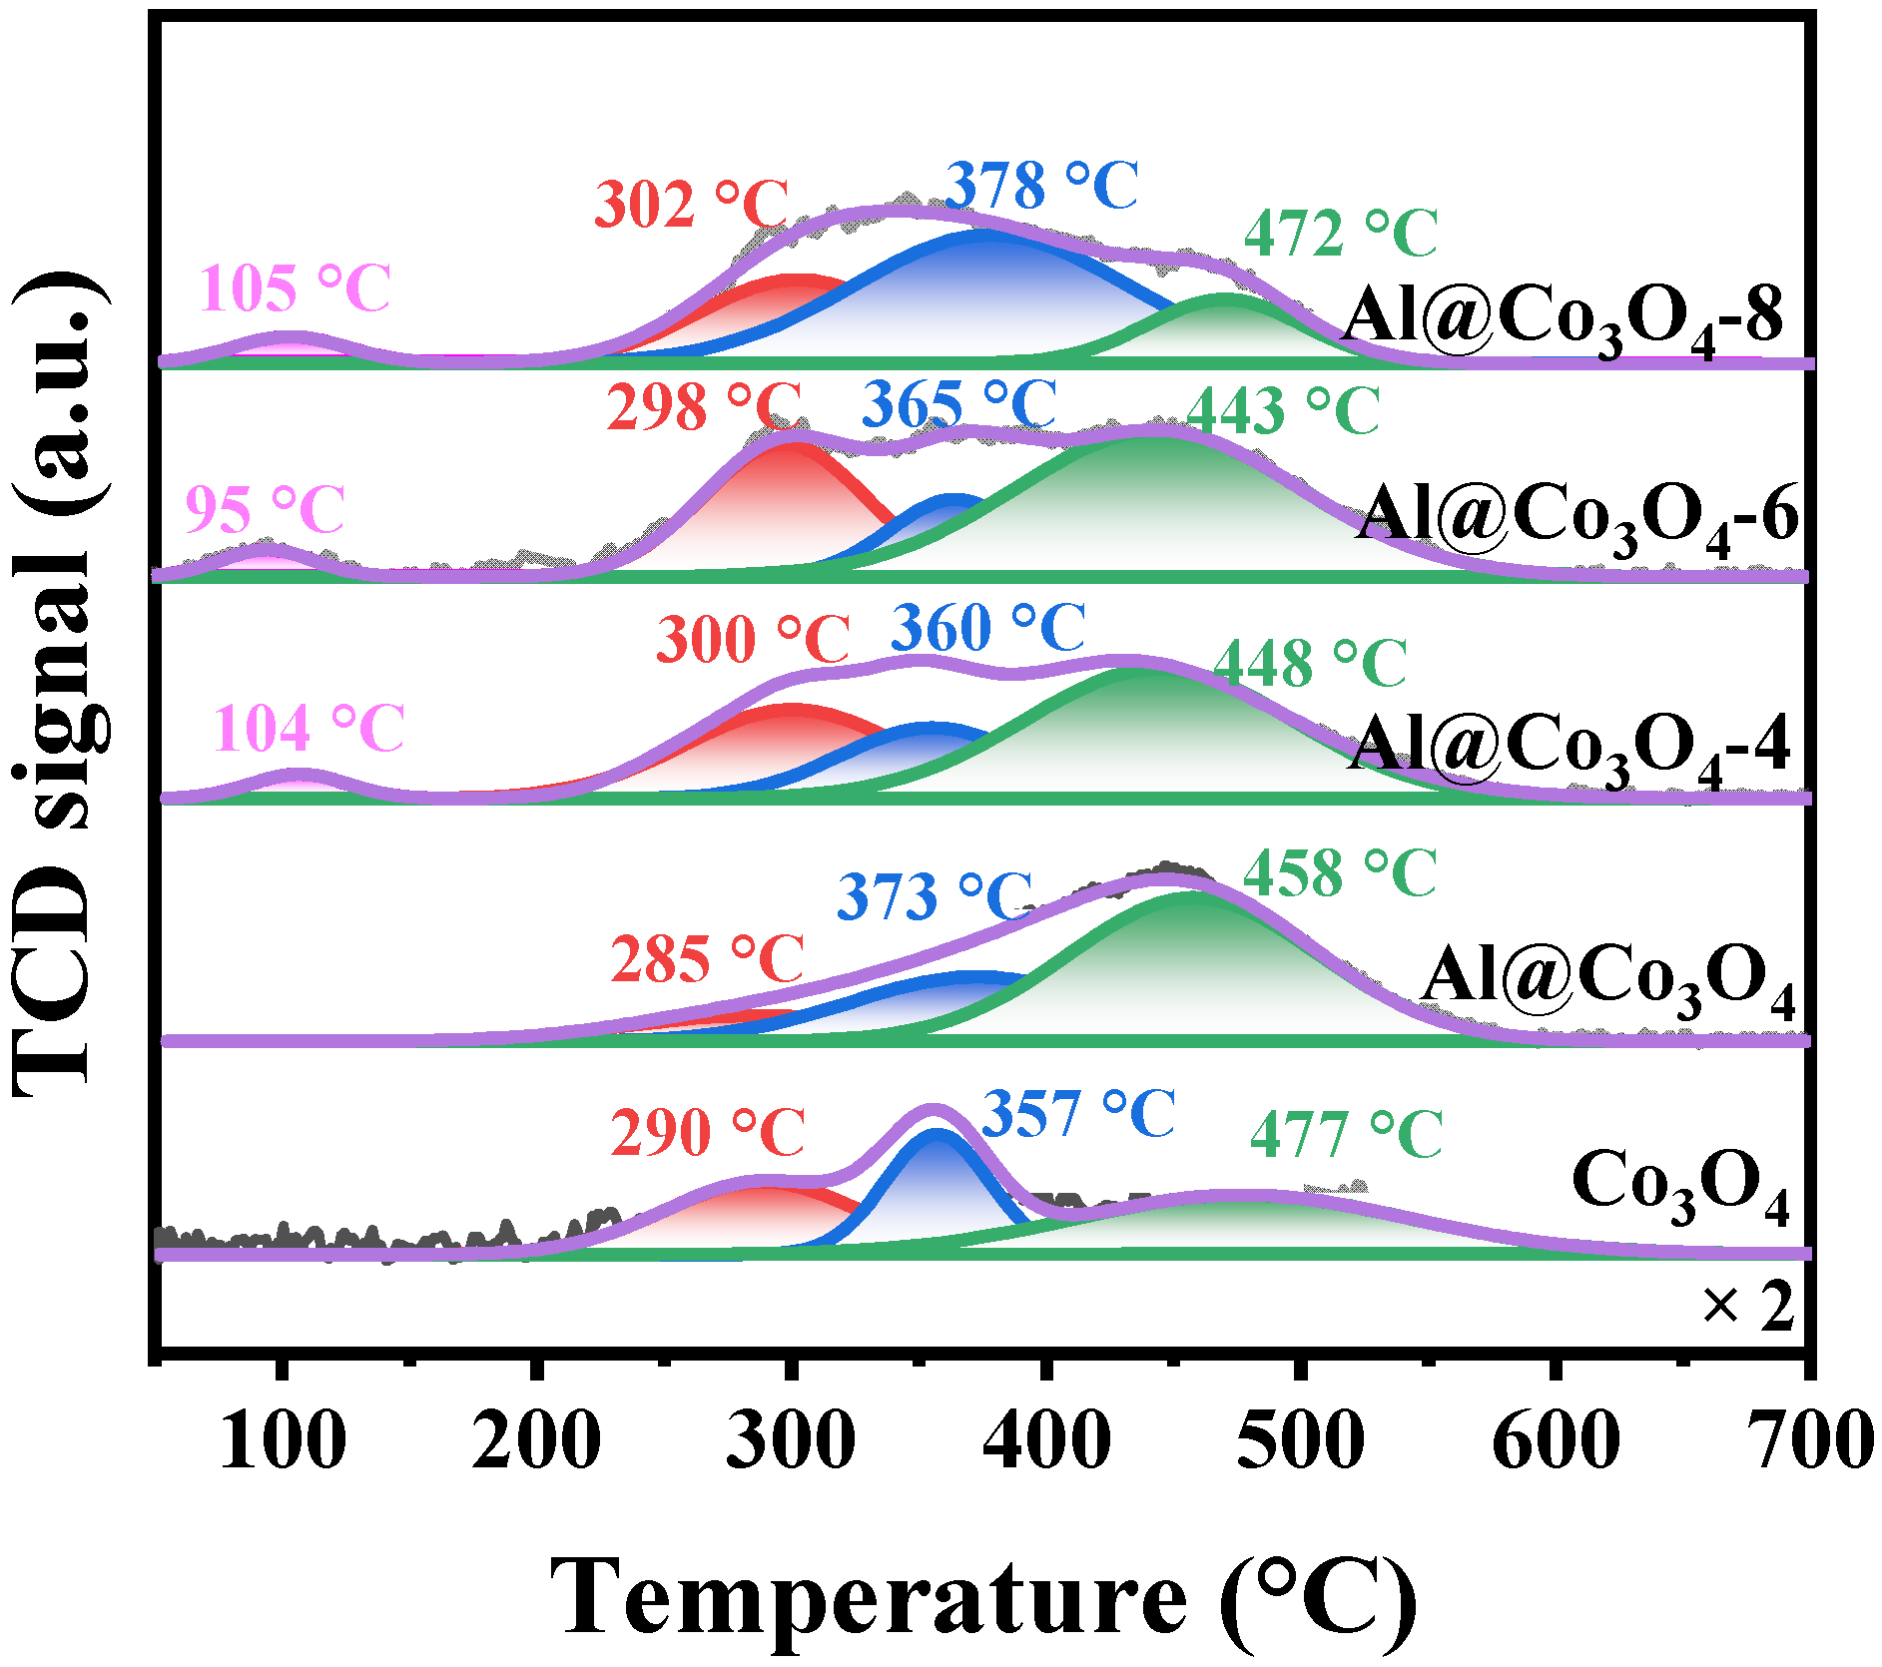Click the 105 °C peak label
(x=295, y=289)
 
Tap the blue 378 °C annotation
(x=1041, y=186)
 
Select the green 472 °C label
(x=1340, y=234)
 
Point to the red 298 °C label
(x=704, y=407)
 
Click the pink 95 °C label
(x=265, y=510)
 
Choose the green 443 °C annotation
(x=1283, y=410)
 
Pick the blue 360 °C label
(x=987, y=628)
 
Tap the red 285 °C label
(x=707, y=960)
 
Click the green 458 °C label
(x=1339, y=873)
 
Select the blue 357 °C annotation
(x=1078, y=1114)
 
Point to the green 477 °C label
(x=1346, y=1135)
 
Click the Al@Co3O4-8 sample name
(x=1563, y=319)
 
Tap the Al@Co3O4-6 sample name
(x=1577, y=518)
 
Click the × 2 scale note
(x=1747, y=1306)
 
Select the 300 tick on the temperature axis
(x=791, y=1441)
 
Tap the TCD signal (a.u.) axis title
(x=62, y=684)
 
